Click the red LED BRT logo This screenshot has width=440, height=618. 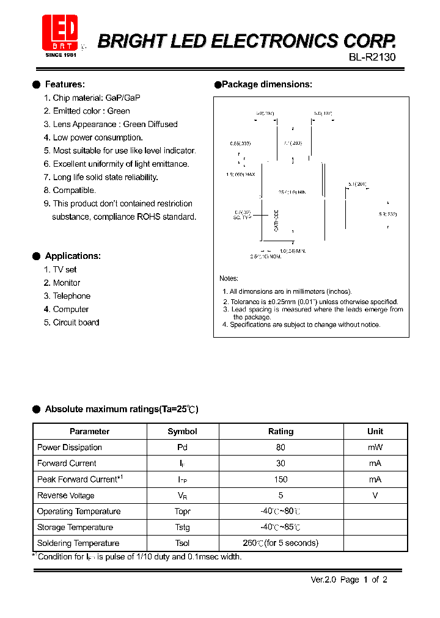60,34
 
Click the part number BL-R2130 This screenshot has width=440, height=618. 372,58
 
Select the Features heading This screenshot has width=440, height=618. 65,84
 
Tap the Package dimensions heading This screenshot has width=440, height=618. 266,84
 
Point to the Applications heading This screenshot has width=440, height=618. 72,256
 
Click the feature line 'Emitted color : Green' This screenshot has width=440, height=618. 91,111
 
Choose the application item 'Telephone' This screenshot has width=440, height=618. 71,296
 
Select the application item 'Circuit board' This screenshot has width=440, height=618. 76,322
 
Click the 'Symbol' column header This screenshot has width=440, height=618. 182,431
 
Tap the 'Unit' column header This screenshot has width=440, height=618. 375,431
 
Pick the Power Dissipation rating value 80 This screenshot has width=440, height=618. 280,448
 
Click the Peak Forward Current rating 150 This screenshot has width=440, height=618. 280,479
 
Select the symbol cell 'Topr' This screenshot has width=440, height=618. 182,512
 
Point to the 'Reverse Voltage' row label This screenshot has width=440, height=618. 65,495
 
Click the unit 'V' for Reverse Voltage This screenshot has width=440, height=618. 375,495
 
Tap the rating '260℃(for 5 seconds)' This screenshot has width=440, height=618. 280,543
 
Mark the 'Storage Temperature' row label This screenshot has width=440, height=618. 75,528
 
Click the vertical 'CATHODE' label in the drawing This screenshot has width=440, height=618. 276,220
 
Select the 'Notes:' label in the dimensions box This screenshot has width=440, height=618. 229,278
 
